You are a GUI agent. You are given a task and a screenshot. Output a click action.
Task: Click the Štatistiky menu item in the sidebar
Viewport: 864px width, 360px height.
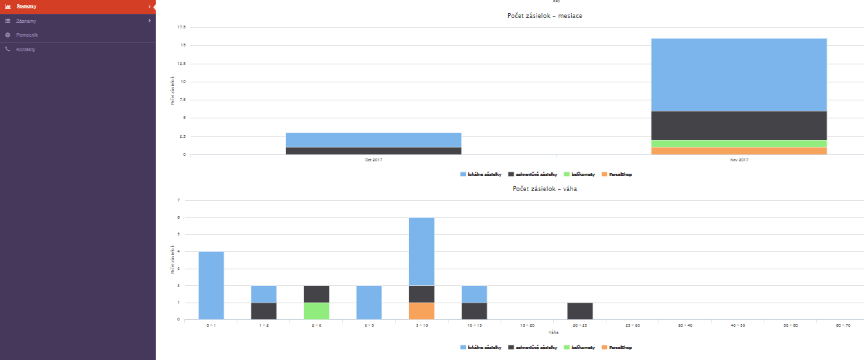click(28, 7)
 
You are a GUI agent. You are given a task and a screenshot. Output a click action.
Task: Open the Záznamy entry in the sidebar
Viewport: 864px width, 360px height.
click(26, 21)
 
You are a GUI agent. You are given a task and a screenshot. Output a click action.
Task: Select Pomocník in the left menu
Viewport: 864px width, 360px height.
click(28, 35)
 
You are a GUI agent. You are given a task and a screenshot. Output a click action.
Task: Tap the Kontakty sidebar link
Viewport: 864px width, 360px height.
click(26, 49)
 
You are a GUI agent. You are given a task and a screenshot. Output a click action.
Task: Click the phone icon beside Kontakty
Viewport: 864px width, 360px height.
click(8, 49)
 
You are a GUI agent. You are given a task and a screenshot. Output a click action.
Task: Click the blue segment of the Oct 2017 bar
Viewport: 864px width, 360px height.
click(373, 139)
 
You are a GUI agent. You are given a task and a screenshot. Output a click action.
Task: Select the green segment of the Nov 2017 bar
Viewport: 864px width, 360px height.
click(739, 143)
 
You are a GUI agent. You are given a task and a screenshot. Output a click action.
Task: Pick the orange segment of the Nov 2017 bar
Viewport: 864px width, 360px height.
click(739, 151)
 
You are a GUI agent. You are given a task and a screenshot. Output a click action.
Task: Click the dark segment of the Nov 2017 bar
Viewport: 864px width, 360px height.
click(739, 125)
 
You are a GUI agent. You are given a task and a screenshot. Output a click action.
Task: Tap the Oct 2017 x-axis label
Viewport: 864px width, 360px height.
click(373, 160)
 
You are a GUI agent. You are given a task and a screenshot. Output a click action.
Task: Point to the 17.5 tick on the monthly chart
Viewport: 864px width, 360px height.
click(181, 27)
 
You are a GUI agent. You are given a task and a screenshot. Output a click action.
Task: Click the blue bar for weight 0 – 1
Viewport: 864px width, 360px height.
click(211, 285)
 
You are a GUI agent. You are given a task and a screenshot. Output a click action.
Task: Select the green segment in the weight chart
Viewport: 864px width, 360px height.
click(316, 311)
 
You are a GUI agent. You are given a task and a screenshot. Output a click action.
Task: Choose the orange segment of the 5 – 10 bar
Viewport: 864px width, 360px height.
click(422, 311)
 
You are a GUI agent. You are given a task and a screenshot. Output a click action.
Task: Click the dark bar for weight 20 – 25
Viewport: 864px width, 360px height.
click(579, 311)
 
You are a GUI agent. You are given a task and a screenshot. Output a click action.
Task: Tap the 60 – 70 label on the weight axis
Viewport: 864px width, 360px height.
click(843, 324)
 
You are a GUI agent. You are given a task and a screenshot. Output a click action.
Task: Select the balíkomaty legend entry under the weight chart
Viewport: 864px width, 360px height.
click(579, 348)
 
